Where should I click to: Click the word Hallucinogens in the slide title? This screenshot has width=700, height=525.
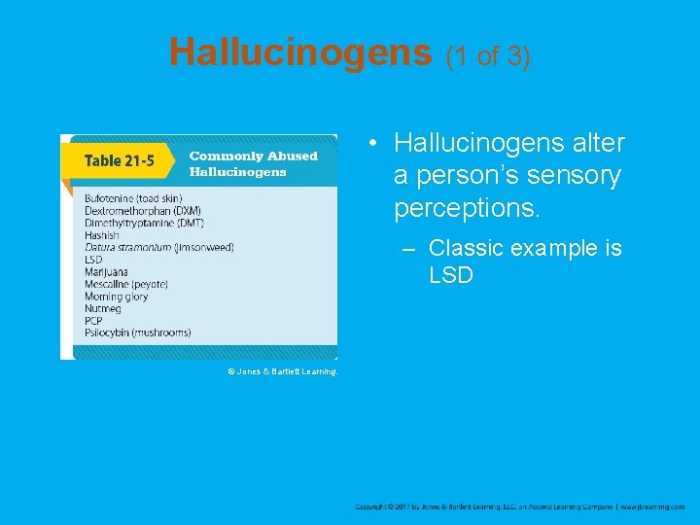click(x=300, y=52)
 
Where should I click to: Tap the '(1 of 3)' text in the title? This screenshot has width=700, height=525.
click(x=487, y=56)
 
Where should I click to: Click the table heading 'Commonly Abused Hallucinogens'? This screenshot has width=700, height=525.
click(x=253, y=163)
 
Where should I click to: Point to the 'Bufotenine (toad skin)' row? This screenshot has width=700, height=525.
click(x=133, y=199)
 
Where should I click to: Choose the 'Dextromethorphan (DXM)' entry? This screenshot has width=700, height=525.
click(x=145, y=211)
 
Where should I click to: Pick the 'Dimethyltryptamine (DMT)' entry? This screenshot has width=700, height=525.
click(x=143, y=223)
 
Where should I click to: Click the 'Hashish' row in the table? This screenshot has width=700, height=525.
click(x=102, y=235)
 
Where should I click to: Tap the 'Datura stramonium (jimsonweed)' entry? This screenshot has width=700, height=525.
click(x=159, y=247)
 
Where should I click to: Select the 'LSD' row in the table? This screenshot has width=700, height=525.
click(x=93, y=260)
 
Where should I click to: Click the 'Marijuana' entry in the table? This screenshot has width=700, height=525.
click(x=107, y=272)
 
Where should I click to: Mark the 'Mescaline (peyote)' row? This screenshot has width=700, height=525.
click(x=126, y=284)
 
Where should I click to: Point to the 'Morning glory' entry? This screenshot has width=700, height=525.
click(x=117, y=297)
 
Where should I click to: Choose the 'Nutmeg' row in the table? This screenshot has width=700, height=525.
click(x=102, y=308)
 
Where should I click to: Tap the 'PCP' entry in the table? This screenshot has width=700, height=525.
click(x=93, y=321)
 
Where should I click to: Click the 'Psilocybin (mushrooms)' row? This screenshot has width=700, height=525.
click(x=137, y=332)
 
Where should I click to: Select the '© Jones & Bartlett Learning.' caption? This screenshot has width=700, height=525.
click(x=282, y=371)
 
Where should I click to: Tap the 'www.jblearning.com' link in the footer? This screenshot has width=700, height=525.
click(x=652, y=507)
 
